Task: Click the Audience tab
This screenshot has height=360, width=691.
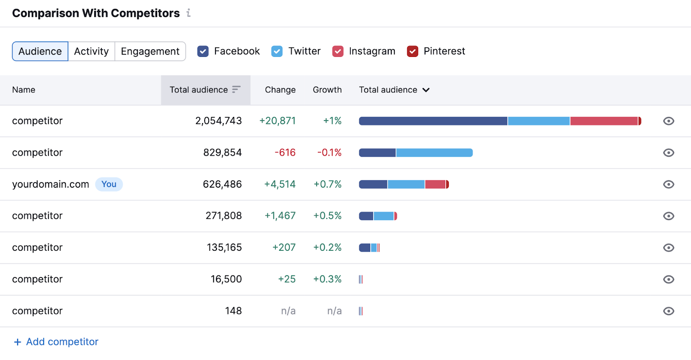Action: click(40, 51)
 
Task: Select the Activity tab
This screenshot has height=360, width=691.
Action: click(91, 51)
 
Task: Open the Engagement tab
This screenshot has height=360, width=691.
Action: click(150, 51)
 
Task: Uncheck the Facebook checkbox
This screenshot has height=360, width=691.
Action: click(203, 51)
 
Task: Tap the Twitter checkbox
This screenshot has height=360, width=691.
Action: click(277, 51)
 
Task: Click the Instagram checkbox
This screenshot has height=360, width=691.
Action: click(338, 51)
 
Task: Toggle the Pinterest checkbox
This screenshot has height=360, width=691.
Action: click(412, 51)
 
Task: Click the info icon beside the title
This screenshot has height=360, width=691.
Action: click(188, 13)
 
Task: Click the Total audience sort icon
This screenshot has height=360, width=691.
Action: click(236, 89)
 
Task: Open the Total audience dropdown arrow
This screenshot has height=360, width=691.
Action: click(426, 90)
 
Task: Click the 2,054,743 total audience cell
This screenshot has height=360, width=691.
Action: click(219, 121)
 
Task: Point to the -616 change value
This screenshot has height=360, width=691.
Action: click(285, 152)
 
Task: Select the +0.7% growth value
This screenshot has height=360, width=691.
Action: click(327, 184)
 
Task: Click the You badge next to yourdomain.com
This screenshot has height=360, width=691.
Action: click(109, 184)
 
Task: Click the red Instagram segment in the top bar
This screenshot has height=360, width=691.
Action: click(604, 121)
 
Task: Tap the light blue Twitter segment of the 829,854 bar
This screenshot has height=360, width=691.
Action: click(434, 152)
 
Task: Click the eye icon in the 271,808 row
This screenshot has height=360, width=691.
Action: click(669, 216)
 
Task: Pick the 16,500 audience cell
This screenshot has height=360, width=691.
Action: click(226, 279)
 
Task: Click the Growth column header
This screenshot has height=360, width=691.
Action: click(327, 90)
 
